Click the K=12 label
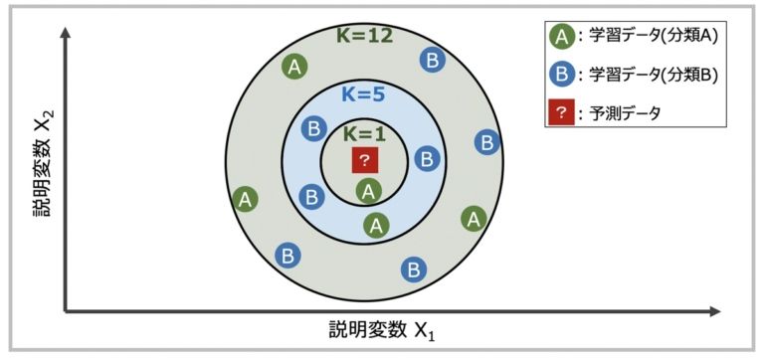[366, 37]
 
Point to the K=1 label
[364, 133]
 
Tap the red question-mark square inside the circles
[365, 160]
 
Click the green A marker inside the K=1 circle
[368, 189]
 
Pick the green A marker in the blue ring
[375, 225]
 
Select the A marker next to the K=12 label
[293, 67]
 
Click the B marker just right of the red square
[426, 158]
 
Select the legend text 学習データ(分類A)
[654, 38]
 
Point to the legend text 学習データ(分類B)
[654, 75]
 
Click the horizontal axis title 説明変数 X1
[382, 331]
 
